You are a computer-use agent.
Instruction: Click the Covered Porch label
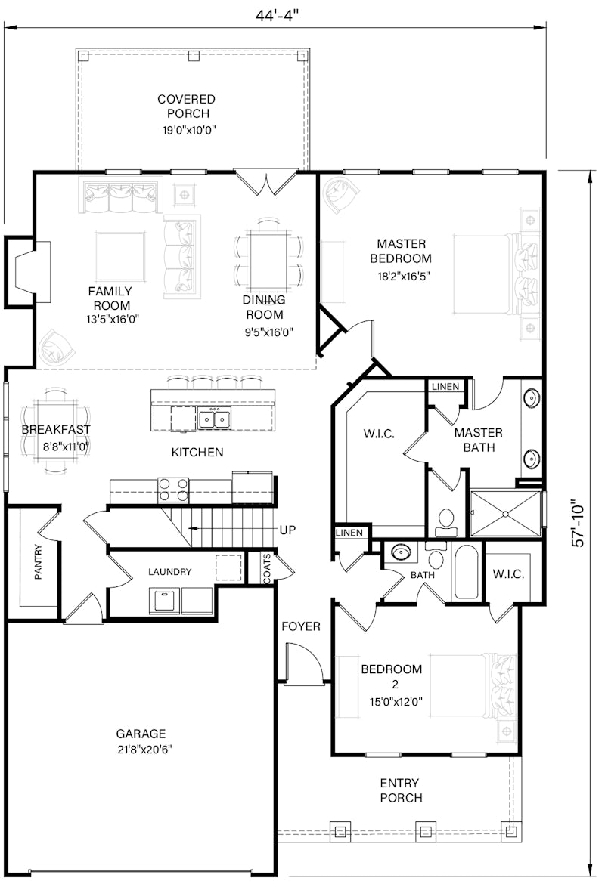coord(186,107)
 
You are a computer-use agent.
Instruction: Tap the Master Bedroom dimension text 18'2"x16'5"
coord(404,276)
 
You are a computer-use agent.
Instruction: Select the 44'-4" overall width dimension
coord(276,14)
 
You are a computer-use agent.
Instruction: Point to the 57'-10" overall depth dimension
coord(579,523)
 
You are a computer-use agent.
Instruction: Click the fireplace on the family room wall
coord(28,273)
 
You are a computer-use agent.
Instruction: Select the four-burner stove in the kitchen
coord(173,490)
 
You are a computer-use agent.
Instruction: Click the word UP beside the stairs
coord(287,529)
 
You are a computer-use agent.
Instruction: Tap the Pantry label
coord(39,562)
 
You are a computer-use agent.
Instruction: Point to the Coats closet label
coord(266,569)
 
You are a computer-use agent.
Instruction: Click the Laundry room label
coord(170,571)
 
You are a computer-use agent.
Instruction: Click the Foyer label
coord(301,626)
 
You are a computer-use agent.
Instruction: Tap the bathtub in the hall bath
coord(466,571)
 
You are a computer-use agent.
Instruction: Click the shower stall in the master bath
coord(505,514)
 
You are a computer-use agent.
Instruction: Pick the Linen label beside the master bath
coord(445,387)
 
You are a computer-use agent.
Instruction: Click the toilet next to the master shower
coord(447,520)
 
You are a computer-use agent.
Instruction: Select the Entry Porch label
coord(400,790)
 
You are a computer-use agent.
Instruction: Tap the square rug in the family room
coord(120,258)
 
